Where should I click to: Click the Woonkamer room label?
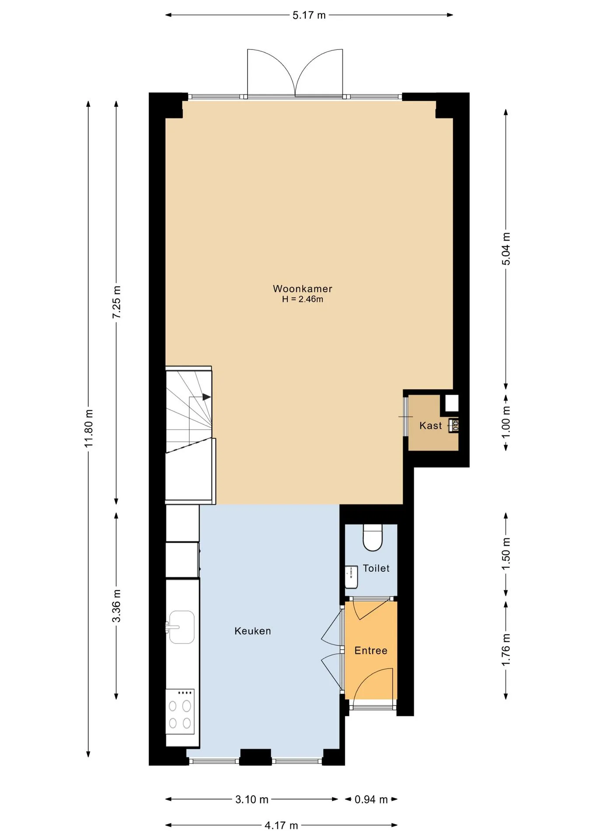point(302,289)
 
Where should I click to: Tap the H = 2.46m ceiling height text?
point(302,299)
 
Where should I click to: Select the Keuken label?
point(252,631)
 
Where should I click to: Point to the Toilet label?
point(376,568)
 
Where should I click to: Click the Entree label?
point(371,651)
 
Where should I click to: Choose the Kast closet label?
point(430,426)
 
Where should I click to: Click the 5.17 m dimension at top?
point(309,15)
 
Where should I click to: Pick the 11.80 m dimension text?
point(89,428)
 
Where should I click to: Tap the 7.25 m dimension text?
point(116,302)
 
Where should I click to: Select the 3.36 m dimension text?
point(116,606)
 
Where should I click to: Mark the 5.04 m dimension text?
point(506,248)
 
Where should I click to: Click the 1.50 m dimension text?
point(506,554)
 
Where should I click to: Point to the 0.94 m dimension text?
point(371,800)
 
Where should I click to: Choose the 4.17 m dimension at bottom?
point(281,826)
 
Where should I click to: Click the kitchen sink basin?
point(182,627)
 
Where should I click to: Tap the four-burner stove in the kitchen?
point(180,712)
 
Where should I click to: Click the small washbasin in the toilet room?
point(351,577)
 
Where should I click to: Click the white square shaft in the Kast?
point(452,403)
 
